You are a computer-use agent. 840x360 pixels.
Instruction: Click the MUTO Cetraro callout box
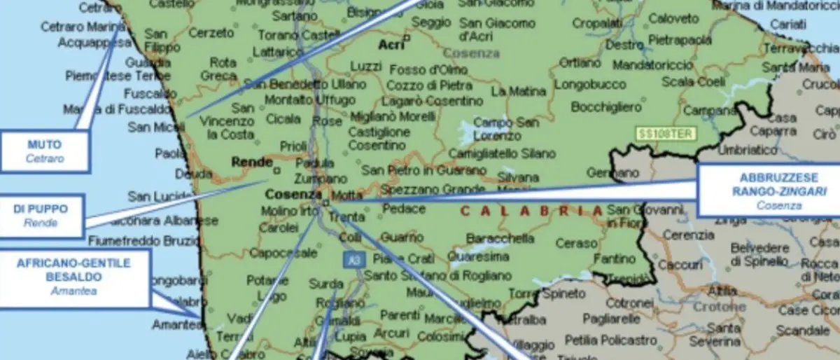coord(45,151)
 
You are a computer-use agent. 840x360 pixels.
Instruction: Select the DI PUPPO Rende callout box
coord(41,215)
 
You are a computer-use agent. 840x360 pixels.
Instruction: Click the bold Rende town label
coord(252,162)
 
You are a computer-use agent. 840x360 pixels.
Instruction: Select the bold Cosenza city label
coord(293,194)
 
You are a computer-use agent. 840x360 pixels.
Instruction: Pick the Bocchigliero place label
coord(606,107)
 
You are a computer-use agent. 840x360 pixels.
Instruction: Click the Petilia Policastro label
coord(610,340)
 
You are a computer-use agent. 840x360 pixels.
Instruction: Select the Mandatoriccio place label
coord(653,65)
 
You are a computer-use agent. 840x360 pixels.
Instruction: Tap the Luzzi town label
coord(366,66)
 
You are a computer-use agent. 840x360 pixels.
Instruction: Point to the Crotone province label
coord(719,307)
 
